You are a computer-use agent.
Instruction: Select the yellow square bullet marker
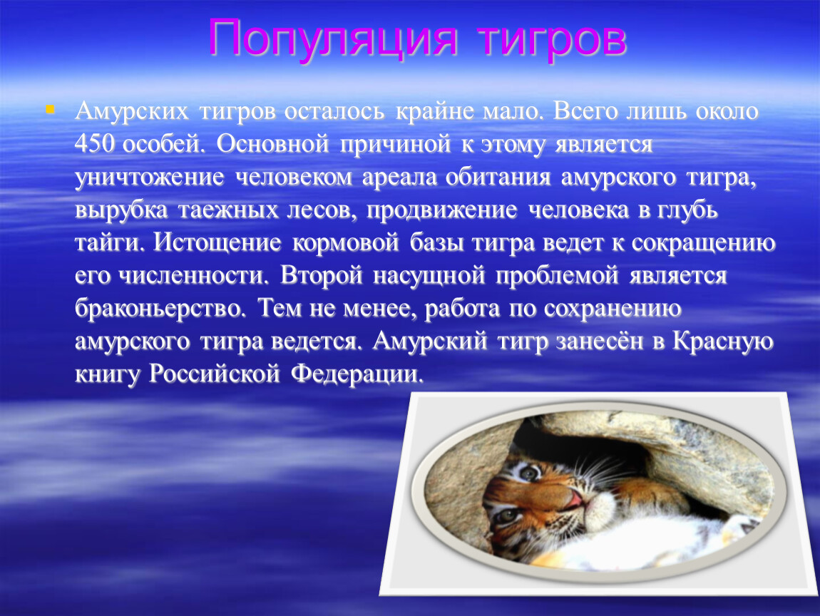(50, 109)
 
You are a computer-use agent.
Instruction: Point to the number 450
(94, 144)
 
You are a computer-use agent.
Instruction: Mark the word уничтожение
(150, 178)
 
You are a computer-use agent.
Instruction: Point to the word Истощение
(217, 243)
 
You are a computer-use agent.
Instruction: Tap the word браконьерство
(160, 309)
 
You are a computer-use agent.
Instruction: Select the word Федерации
(357, 374)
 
